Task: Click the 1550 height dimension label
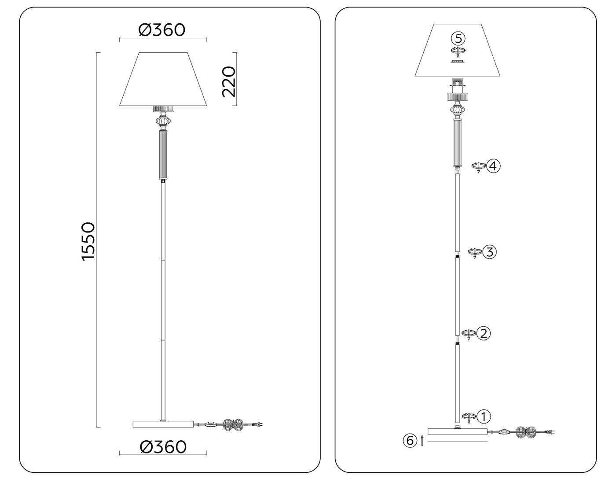pyautogui.click(x=88, y=241)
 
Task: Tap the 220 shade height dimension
pyautogui.click(x=229, y=81)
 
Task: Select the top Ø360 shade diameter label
pyautogui.click(x=162, y=30)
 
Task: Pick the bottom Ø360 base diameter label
pyautogui.click(x=163, y=447)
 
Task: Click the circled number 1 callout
pyautogui.click(x=484, y=416)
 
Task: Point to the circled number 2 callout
pyautogui.click(x=483, y=333)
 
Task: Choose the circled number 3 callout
pyautogui.click(x=489, y=252)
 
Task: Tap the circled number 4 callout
pyautogui.click(x=494, y=166)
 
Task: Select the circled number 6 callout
pyautogui.click(x=410, y=440)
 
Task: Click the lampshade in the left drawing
pyautogui.click(x=163, y=79)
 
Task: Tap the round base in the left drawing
pyautogui.click(x=163, y=424)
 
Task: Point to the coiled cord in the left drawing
pyautogui.click(x=234, y=424)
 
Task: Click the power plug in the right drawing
pyautogui.click(x=549, y=432)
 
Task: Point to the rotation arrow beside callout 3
pyautogui.click(x=474, y=253)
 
